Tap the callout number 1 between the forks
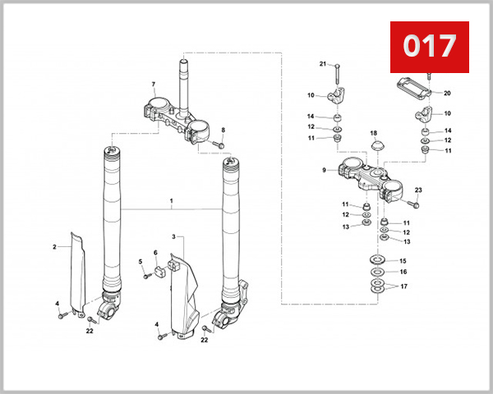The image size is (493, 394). point(171,200)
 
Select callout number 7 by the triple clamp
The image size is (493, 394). point(153,85)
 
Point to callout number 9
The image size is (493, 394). point(325,170)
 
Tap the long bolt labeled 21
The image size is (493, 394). point(338,74)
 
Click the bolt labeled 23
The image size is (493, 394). point(414,203)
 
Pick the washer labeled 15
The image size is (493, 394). point(375,261)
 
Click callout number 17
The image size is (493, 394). point(402,285)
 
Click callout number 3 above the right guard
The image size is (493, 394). point(173,236)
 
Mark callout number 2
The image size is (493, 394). point(54,246)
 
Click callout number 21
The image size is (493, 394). point(323,63)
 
